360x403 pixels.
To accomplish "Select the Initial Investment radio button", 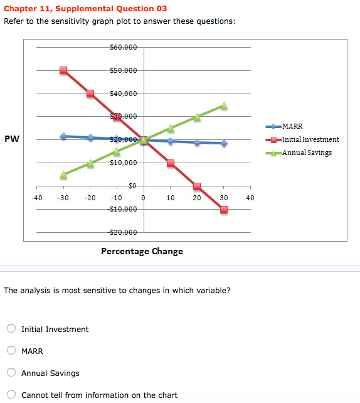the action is pyautogui.click(x=11, y=328).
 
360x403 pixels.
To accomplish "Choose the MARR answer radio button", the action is pyautogui.click(x=11, y=350).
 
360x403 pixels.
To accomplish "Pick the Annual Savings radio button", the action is pyautogui.click(x=11, y=372).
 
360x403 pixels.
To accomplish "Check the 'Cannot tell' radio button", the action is pyautogui.click(x=11, y=394).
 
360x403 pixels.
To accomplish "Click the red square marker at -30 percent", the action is pyautogui.click(x=63, y=70).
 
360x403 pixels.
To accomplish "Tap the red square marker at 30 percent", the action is pyautogui.click(x=224, y=210).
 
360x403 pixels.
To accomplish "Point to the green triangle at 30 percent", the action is pyautogui.click(x=224, y=105).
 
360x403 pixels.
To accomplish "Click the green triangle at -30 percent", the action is pyautogui.click(x=63, y=175).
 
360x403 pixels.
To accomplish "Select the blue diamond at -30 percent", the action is pyautogui.click(x=63, y=136).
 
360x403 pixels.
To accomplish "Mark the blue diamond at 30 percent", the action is pyautogui.click(x=224, y=143).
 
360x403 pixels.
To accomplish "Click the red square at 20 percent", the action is pyautogui.click(x=197, y=186).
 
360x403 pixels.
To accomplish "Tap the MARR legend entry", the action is pyautogui.click(x=284, y=126).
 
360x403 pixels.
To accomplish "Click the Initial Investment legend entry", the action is pyautogui.click(x=302, y=139).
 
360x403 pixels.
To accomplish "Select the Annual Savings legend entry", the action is pyautogui.click(x=299, y=153).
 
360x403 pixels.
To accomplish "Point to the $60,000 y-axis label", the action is pyautogui.click(x=124, y=47).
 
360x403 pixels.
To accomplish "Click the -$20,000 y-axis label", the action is pyautogui.click(x=122, y=232).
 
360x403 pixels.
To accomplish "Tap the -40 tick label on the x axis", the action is pyautogui.click(x=37, y=198).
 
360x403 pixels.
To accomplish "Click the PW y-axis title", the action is pyautogui.click(x=12, y=139).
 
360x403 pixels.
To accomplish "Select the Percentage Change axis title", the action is pyautogui.click(x=142, y=251).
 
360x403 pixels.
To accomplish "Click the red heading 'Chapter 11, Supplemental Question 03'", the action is pyautogui.click(x=85, y=9).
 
